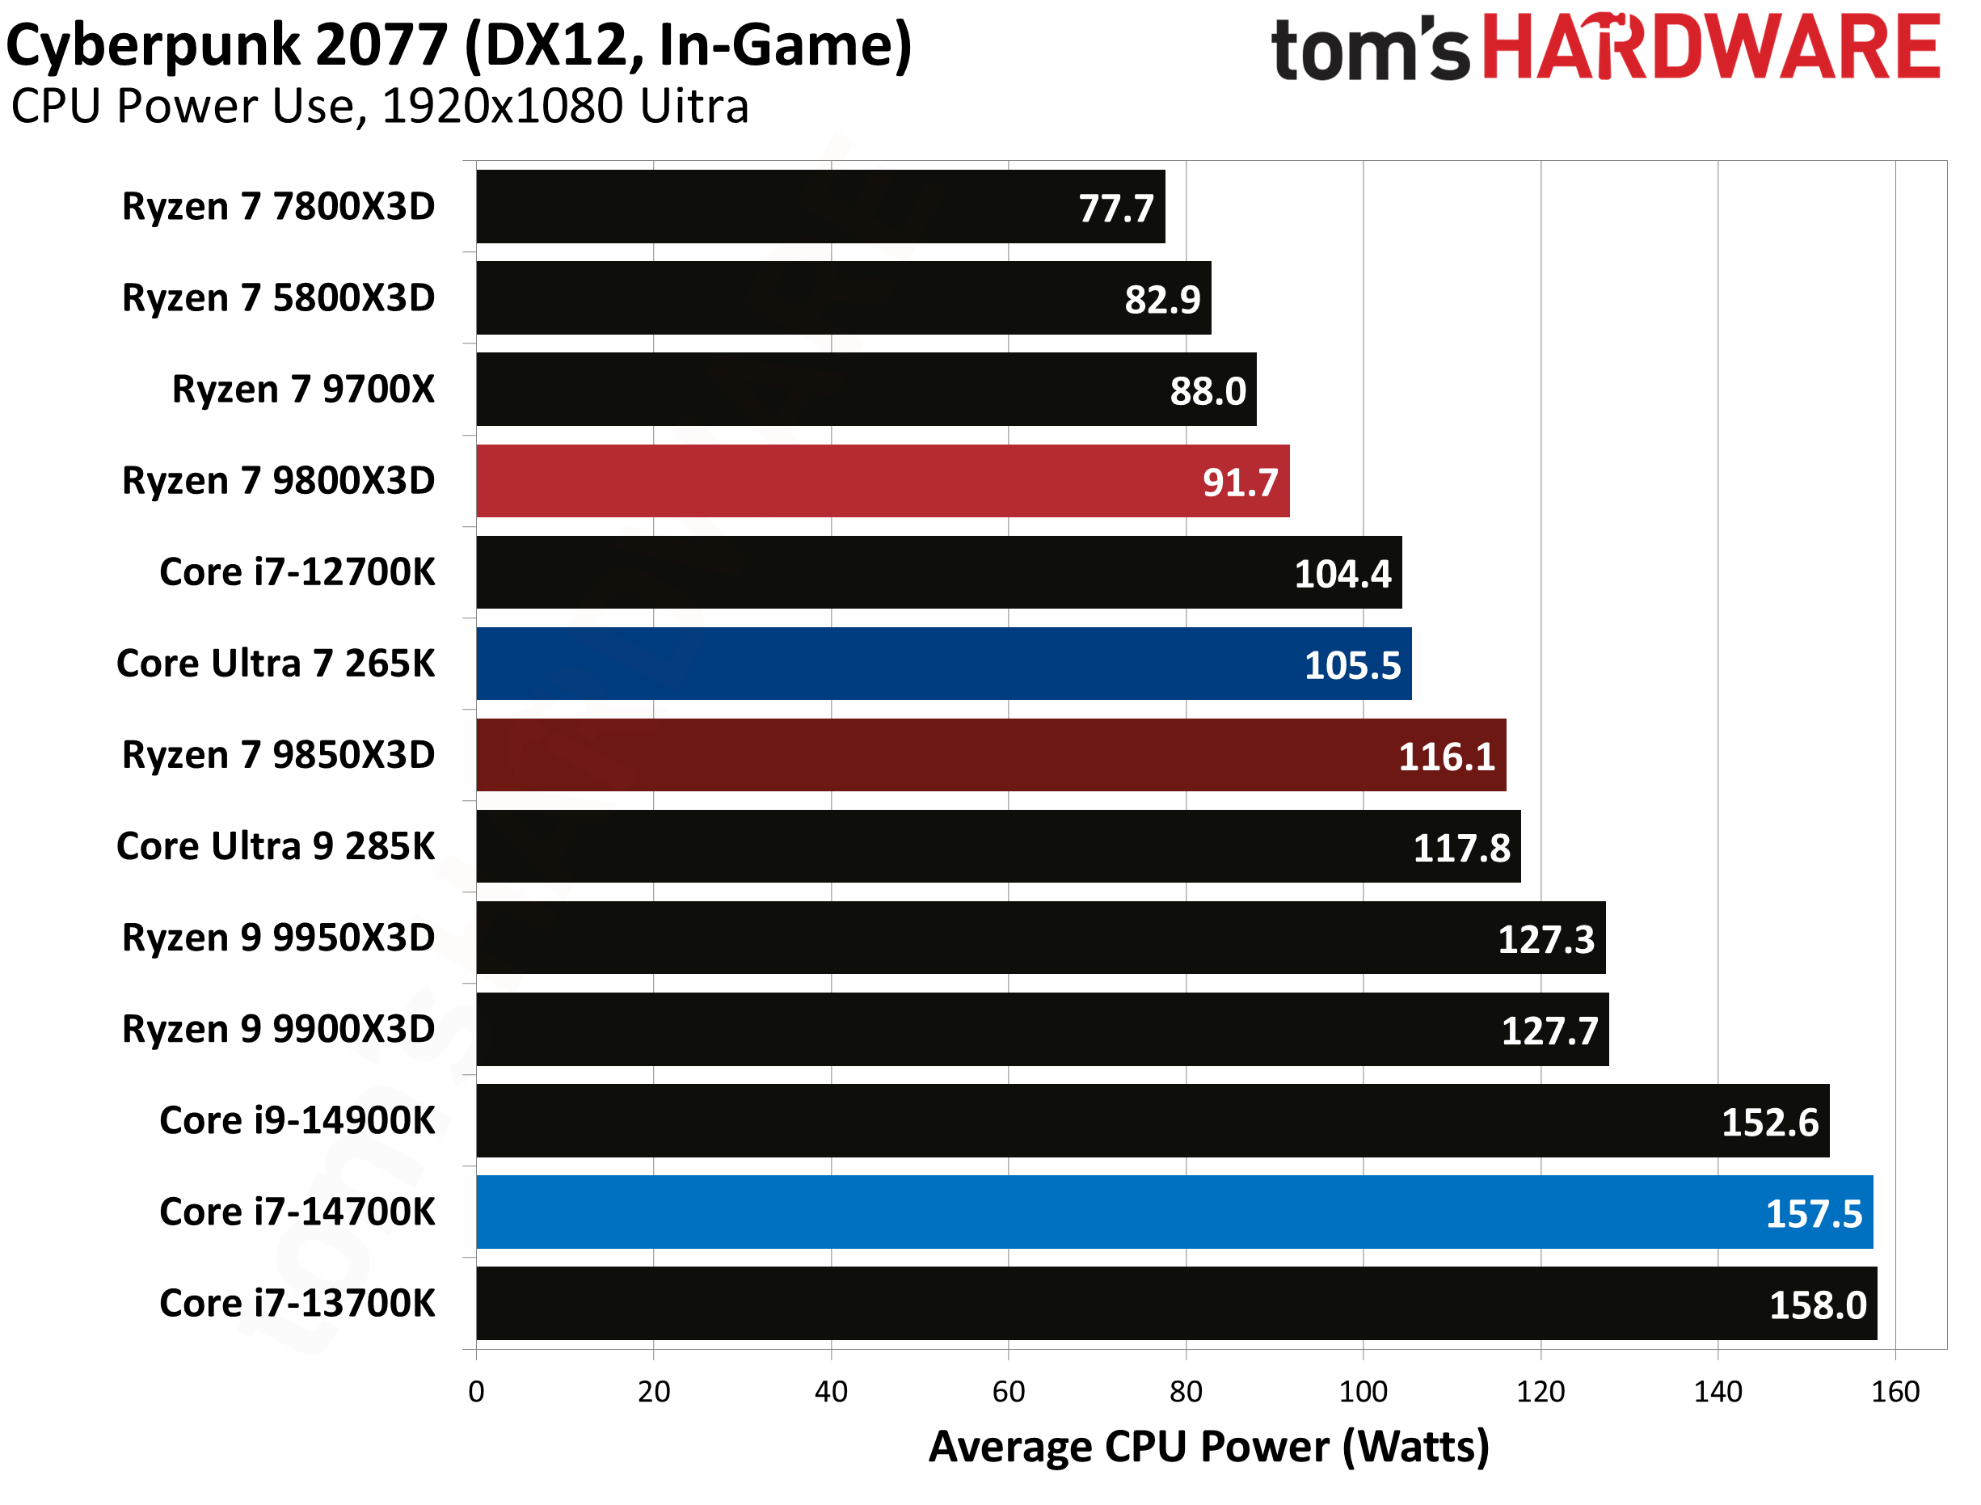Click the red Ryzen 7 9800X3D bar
pos(882,481)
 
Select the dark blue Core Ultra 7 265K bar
pos(943,664)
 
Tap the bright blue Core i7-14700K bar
pos(1174,1212)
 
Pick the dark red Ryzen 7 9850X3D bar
pos(991,755)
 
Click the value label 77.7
pos(1116,209)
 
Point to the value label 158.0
pos(1817,1305)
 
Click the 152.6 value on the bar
pos(1770,1123)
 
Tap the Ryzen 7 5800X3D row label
pos(279,298)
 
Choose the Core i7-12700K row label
pos(297,572)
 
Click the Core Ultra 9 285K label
pos(276,846)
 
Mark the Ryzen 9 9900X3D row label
pos(279,1029)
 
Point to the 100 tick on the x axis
pos(1363,1391)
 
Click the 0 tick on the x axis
pos(476,1391)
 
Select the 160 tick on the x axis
pos(1895,1391)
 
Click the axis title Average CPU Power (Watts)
pos(1209,1447)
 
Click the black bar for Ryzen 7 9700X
pos(866,390)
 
